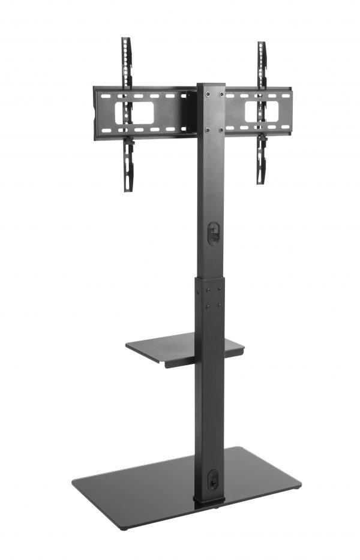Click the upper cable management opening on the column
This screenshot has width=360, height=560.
click(x=212, y=233)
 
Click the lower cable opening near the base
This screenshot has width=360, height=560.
click(x=212, y=480)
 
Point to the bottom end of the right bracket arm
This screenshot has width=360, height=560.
click(x=260, y=181)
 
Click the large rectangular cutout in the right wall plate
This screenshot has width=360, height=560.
click(x=262, y=112)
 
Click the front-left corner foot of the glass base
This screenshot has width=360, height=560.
click(x=122, y=528)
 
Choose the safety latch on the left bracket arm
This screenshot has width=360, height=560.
click(x=128, y=143)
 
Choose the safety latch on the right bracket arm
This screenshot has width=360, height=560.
click(x=262, y=139)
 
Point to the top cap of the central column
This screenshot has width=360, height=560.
click(x=211, y=85)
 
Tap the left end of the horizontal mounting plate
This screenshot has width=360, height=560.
click(x=96, y=113)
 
